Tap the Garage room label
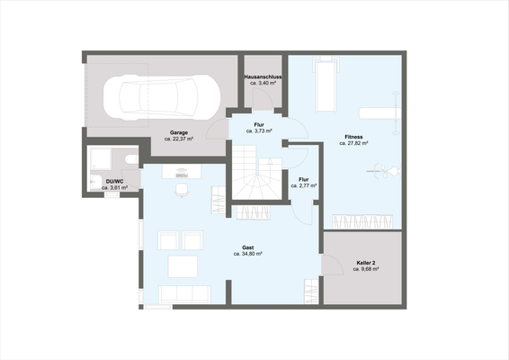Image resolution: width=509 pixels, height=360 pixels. click(178, 132)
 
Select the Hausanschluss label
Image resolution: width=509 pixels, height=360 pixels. click(263, 77)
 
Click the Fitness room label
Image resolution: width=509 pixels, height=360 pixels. click(353, 137)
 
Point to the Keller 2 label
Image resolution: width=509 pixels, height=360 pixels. click(366, 262)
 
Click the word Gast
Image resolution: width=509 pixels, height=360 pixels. click(247, 247)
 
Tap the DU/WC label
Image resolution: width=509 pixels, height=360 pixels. click(113, 181)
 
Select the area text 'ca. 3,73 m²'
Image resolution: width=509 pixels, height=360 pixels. click(263, 130)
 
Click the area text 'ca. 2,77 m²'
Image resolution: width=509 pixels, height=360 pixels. click(305, 185)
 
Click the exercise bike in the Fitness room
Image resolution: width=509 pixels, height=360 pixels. click(386, 170)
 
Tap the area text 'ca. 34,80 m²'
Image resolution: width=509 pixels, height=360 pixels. click(247, 255)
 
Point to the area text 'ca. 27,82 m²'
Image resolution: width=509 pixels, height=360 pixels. click(353, 144)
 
